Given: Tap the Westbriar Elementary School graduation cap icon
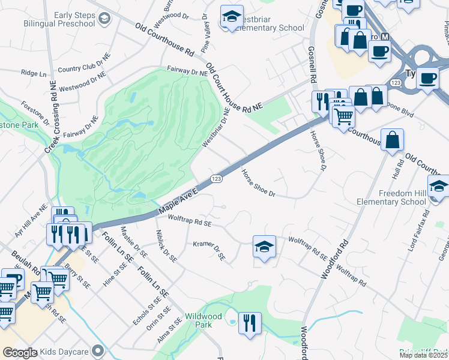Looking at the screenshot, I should click(x=231, y=17).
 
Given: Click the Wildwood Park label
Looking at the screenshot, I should click(x=203, y=320).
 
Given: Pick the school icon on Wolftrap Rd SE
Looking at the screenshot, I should click(x=263, y=247).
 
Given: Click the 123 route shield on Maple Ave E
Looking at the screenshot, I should click(x=217, y=179).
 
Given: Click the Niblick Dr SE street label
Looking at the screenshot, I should click(x=166, y=245).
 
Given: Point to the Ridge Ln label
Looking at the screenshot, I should click(x=34, y=73).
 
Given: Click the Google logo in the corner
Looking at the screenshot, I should click(x=20, y=353).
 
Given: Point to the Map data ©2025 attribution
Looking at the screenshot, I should click(x=423, y=355).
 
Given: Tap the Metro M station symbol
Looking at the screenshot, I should click(x=386, y=37).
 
